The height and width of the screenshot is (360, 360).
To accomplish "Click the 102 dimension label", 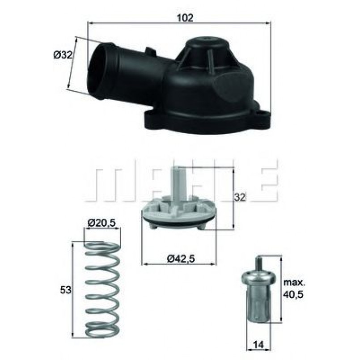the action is [185, 18].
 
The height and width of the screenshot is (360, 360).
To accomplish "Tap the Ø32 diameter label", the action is [63, 55].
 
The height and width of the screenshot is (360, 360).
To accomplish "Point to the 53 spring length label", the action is [66, 290].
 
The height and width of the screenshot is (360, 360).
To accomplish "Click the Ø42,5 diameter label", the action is [181, 259].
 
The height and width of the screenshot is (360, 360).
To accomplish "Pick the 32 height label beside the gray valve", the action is [240, 197].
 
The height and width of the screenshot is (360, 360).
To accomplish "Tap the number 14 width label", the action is [258, 345].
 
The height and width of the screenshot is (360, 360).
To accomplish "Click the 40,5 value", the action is [293, 294].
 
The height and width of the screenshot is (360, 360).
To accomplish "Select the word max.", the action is [294, 283].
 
